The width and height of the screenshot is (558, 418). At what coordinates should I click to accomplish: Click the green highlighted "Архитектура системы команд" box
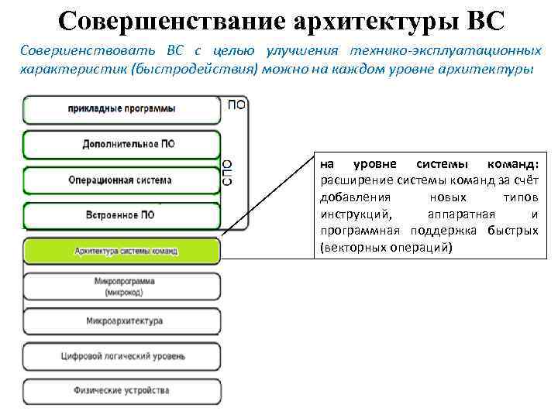click(122, 251)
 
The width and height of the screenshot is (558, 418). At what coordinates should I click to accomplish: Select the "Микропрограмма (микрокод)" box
click(122, 286)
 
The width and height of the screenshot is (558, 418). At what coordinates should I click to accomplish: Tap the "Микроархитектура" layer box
click(122, 320)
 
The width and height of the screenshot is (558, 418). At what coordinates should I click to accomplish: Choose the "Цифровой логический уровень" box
click(122, 356)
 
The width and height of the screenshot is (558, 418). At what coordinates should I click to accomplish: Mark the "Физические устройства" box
click(122, 391)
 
